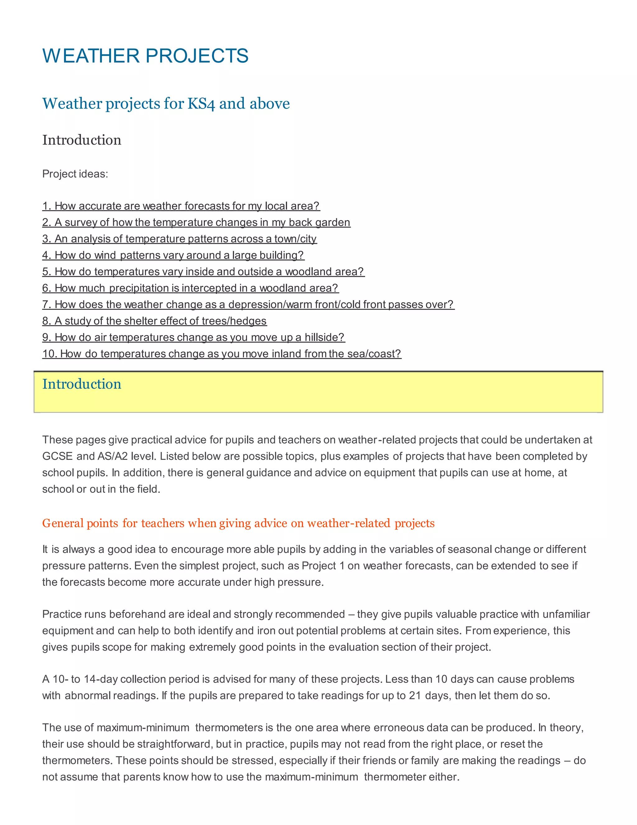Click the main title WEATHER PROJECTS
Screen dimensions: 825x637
point(145,56)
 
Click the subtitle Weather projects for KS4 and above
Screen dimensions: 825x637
point(166,103)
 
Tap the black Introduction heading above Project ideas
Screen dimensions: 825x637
point(81,140)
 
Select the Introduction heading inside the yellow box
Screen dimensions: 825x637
point(81,384)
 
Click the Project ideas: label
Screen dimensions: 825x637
point(75,174)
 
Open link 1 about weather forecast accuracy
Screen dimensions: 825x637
point(181,206)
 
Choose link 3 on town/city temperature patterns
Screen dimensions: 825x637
point(179,239)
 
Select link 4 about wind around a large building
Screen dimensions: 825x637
point(173,255)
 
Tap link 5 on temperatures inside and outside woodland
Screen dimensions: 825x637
point(203,271)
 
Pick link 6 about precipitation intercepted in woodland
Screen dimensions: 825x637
point(190,288)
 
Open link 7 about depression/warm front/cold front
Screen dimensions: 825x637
point(248,304)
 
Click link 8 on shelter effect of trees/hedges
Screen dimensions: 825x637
point(154,321)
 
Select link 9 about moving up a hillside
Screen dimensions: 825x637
point(193,337)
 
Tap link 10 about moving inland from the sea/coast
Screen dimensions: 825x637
point(221,354)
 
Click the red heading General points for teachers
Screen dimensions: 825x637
point(238,523)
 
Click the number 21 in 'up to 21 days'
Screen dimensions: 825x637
point(415,695)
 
